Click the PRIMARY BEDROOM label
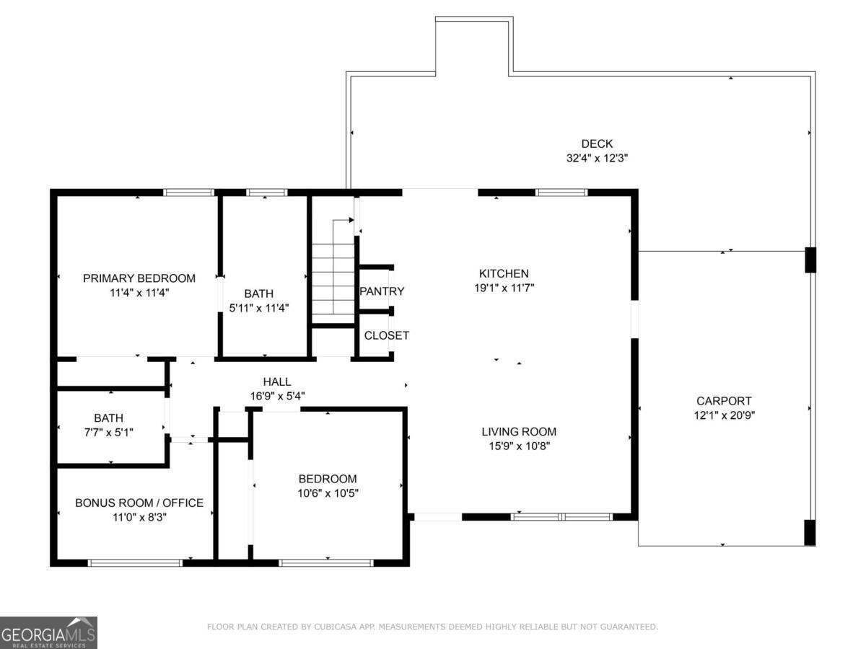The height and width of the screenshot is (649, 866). click(139, 278)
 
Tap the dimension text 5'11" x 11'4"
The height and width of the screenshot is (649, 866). click(258, 307)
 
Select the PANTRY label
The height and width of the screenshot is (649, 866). click(382, 291)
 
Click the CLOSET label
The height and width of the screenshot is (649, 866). click(386, 335)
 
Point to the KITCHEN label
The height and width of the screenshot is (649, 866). click(504, 273)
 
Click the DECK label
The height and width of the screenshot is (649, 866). click(597, 144)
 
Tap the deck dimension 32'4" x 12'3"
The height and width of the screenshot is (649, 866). click(597, 158)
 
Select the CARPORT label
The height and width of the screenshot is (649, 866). click(724, 401)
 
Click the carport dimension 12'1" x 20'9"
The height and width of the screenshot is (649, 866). click(724, 415)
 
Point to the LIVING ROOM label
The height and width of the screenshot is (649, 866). click(519, 432)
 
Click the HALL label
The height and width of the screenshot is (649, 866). click(277, 381)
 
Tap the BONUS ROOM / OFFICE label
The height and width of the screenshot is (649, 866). click(139, 503)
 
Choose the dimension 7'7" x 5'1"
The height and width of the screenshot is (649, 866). click(108, 431)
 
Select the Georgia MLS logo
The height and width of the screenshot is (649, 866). click(48, 632)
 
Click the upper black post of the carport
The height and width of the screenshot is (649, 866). click(810, 260)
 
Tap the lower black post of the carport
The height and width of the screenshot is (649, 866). click(810, 532)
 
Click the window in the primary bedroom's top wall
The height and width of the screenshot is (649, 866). click(188, 193)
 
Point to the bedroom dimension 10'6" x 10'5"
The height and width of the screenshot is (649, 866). click(328, 493)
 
